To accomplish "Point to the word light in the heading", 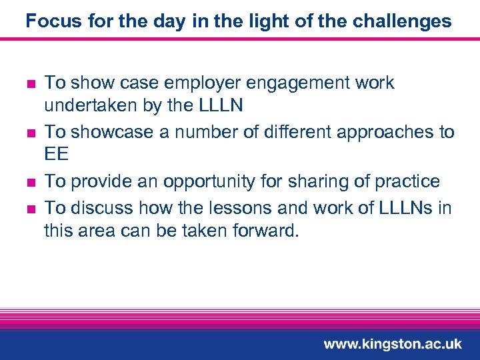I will (251, 21).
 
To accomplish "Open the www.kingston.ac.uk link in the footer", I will (392, 344).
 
